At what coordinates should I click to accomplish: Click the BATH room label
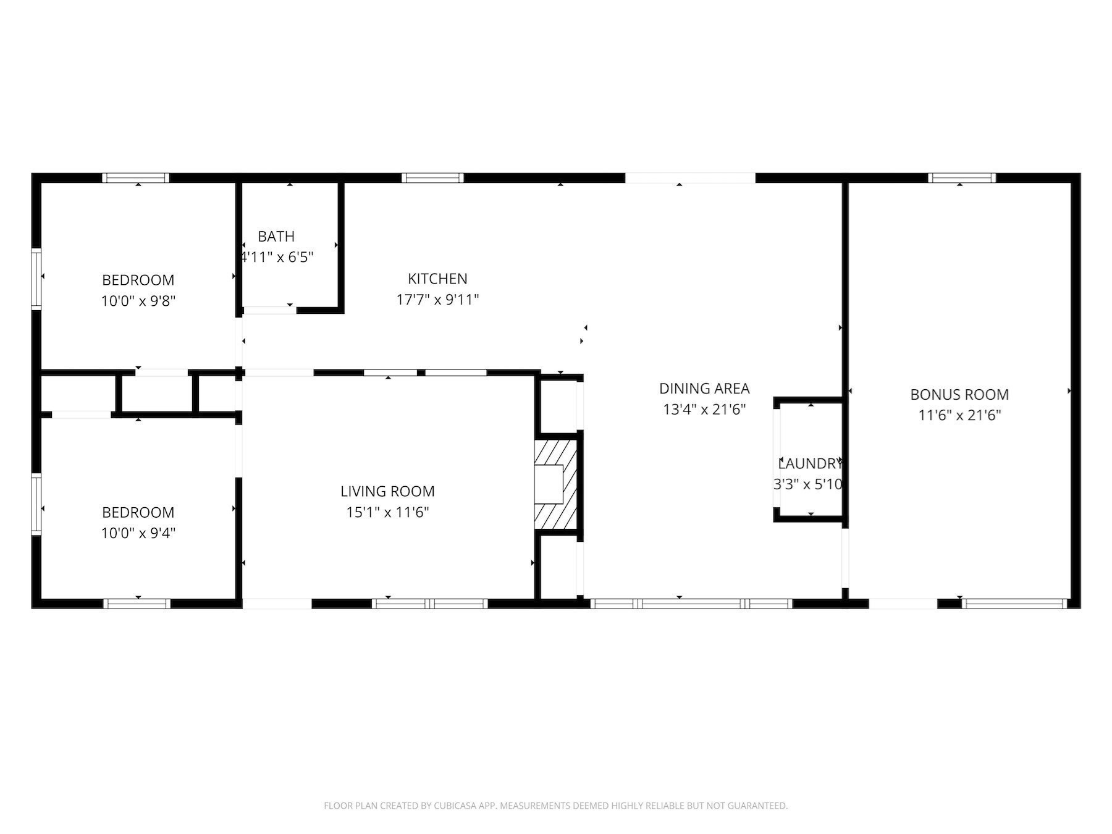(x=276, y=237)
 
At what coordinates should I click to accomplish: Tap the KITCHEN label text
(x=437, y=279)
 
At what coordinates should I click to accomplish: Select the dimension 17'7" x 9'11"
(x=437, y=300)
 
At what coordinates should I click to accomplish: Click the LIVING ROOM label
(x=387, y=492)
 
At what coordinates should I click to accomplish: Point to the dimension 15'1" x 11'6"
(x=387, y=512)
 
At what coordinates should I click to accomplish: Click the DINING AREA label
(x=704, y=389)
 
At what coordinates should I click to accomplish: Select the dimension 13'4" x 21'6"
(x=704, y=409)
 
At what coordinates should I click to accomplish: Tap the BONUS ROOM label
(x=959, y=395)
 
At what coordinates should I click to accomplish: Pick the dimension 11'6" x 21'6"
(x=959, y=415)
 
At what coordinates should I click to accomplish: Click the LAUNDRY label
(x=809, y=464)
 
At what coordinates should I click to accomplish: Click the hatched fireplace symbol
(x=555, y=484)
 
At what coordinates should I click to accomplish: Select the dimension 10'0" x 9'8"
(x=138, y=301)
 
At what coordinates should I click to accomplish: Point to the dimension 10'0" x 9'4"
(x=138, y=533)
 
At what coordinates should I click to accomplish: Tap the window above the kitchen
(x=432, y=178)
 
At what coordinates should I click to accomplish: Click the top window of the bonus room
(x=962, y=178)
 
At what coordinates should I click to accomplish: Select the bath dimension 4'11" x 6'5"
(x=277, y=257)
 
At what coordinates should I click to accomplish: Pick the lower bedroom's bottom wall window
(x=137, y=604)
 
